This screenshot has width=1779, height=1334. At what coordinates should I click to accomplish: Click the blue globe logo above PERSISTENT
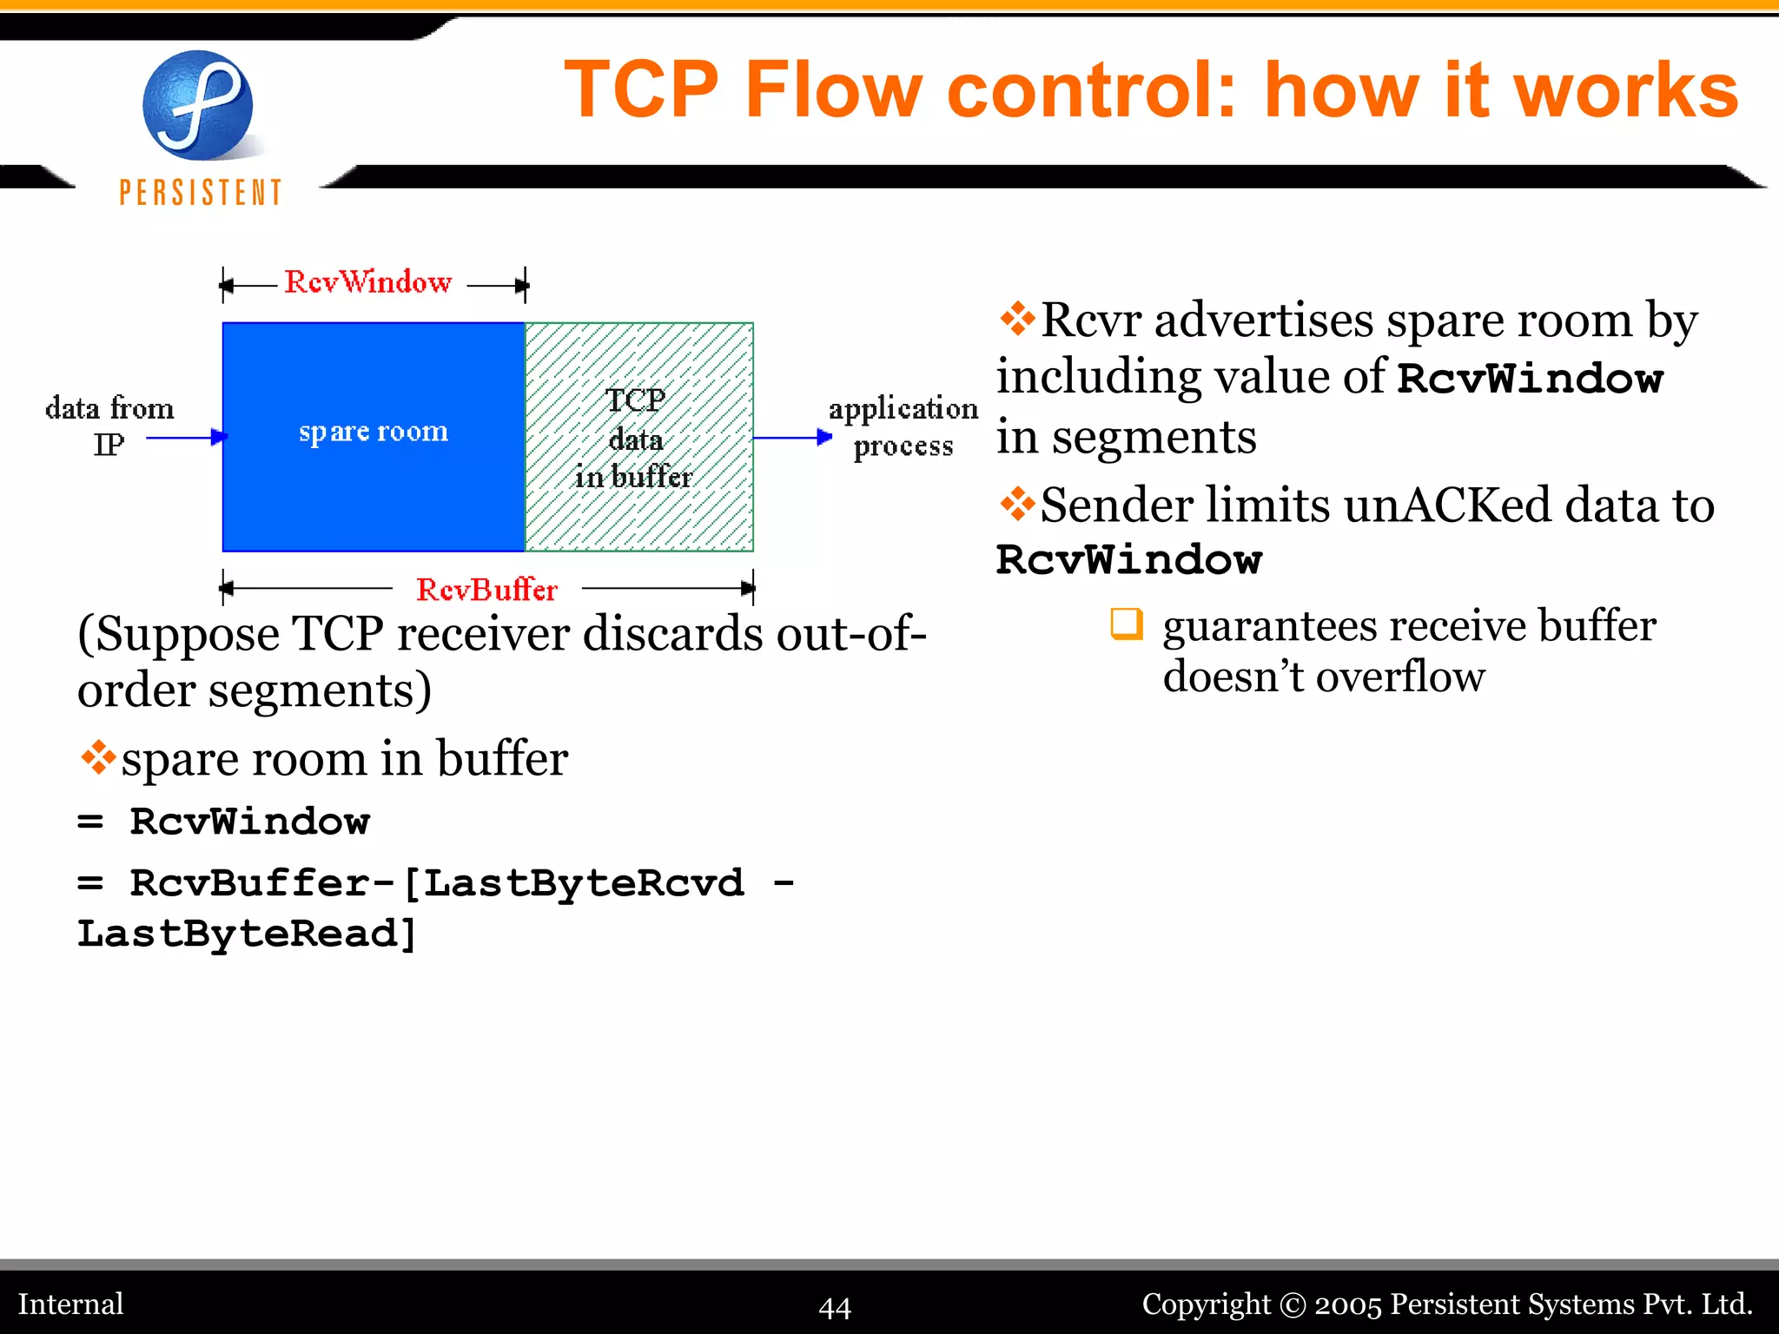(198, 105)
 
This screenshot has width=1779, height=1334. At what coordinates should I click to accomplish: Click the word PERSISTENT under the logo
(201, 193)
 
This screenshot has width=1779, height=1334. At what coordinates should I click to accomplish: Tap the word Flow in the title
(833, 90)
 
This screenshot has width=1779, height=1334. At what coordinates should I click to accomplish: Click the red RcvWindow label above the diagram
(368, 282)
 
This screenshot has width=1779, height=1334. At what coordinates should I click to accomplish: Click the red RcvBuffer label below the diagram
(486, 590)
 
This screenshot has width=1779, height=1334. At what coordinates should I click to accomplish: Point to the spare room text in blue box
(374, 432)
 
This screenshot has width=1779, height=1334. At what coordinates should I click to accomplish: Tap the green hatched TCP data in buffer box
(638, 437)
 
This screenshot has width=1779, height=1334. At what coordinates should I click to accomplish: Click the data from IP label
(109, 426)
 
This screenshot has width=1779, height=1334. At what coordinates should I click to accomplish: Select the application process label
(903, 426)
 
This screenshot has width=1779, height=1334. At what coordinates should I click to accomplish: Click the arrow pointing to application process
(791, 438)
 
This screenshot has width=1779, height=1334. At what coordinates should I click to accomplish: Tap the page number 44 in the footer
(835, 1307)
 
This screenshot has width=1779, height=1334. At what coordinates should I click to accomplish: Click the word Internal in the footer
(71, 1304)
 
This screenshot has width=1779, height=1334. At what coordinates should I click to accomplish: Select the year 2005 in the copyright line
(1347, 1304)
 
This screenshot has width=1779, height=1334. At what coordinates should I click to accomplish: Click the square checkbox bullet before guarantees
(1127, 624)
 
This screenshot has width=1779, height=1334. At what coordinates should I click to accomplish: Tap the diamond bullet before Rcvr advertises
(1016, 319)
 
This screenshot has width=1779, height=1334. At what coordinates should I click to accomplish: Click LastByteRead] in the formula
(247, 934)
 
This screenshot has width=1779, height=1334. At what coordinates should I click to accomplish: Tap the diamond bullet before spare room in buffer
(98, 757)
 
